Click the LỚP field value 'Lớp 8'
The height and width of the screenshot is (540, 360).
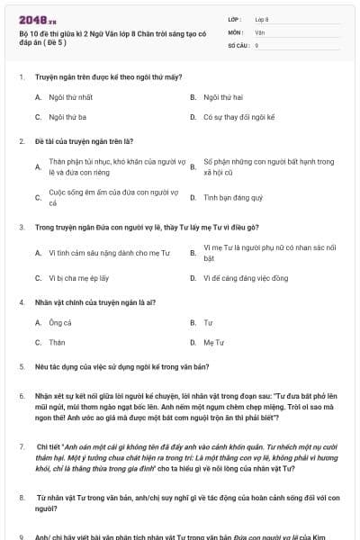pos(262,19)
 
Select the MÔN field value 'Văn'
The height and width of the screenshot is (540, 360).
pos(259,31)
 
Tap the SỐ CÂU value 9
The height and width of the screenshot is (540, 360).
pos(256,44)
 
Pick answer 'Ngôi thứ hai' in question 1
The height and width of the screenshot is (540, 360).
pos(222,95)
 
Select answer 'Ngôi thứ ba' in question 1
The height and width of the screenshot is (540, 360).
pos(67,117)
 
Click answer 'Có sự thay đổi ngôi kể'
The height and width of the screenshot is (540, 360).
pos(238,117)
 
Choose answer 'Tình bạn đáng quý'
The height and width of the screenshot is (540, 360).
pos(233,197)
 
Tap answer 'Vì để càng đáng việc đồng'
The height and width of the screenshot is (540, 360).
pos(246,278)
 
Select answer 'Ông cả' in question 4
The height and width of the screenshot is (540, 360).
pos(59,321)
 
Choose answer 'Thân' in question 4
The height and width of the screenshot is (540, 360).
pos(57,343)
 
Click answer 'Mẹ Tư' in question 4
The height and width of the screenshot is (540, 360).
pos(214,343)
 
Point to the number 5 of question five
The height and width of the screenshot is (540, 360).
pos(21,367)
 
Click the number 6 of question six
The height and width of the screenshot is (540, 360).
pos(21,395)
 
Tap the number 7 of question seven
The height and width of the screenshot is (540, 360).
pos(21,445)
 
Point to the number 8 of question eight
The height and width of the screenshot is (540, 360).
pos(21,496)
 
